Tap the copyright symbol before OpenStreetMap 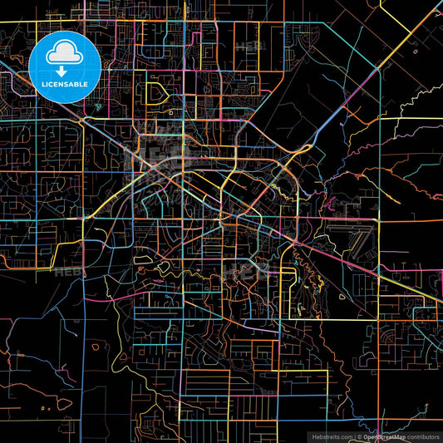(358, 435)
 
